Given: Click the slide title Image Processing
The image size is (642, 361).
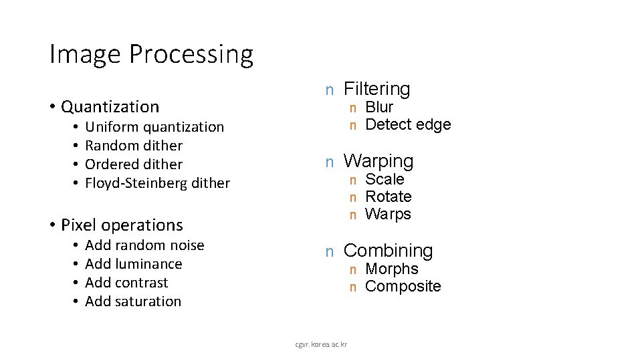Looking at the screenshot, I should [x=151, y=55].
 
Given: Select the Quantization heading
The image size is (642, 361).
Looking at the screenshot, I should [x=110, y=107].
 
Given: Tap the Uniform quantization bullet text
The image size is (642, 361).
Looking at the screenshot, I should [x=154, y=127].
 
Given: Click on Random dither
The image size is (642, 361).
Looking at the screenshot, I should [x=134, y=146].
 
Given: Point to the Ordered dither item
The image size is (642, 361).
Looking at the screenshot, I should [x=134, y=164].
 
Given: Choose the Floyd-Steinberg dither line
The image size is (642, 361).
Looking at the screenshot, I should [x=157, y=183].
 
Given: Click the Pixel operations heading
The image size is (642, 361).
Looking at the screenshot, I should [x=121, y=225].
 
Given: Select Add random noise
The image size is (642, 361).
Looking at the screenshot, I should [x=144, y=245].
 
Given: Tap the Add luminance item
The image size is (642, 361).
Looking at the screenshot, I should [x=134, y=264].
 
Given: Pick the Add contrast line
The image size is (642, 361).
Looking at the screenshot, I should [x=126, y=283].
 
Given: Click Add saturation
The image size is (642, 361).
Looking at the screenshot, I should [x=133, y=302].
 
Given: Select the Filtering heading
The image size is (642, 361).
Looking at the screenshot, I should [x=377, y=89].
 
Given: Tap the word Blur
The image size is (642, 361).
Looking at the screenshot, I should [x=379, y=107].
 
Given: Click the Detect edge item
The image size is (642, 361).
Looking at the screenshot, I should [x=408, y=124].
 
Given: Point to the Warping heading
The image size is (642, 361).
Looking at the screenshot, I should [x=378, y=161].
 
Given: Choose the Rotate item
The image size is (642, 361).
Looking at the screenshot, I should [x=388, y=197].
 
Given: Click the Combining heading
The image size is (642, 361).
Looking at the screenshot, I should [x=388, y=251].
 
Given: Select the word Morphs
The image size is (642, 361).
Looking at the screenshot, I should [x=392, y=269].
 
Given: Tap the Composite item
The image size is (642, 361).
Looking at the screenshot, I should [x=403, y=286].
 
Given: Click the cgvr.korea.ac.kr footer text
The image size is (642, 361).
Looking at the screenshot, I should [x=321, y=344].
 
